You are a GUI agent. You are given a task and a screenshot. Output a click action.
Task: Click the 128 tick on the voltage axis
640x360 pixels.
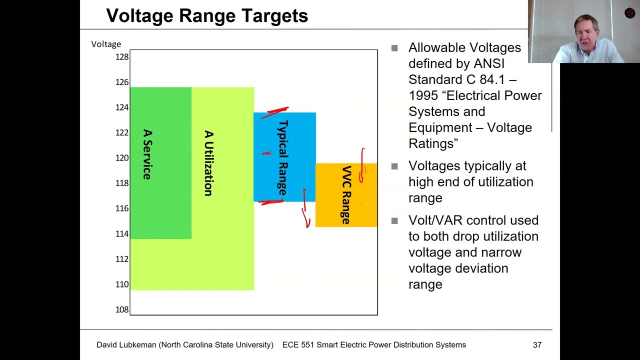click(x=122, y=57)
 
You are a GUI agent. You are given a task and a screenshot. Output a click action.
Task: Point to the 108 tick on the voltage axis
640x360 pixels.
click(x=122, y=309)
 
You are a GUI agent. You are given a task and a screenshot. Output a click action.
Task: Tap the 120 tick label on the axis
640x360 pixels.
click(x=122, y=158)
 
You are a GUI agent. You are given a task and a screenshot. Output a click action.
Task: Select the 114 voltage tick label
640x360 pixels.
click(x=122, y=233)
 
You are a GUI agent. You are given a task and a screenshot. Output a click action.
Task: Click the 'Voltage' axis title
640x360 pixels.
click(x=106, y=44)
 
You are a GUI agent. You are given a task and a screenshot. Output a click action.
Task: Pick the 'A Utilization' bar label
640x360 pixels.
click(x=208, y=163)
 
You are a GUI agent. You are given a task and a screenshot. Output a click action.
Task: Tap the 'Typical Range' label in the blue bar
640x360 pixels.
click(x=283, y=157)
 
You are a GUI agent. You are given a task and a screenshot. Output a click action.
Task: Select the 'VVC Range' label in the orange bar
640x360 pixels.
click(x=346, y=194)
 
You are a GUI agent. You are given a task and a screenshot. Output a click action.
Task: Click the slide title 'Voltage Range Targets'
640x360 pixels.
click(x=207, y=16)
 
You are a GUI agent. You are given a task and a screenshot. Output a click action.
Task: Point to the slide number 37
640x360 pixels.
click(x=537, y=345)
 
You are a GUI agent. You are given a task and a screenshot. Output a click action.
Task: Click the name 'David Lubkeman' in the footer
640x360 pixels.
click(x=126, y=345)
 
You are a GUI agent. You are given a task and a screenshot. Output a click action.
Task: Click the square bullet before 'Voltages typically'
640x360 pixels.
click(x=394, y=166)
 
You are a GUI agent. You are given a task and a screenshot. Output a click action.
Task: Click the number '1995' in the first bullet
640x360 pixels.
click(x=423, y=95)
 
